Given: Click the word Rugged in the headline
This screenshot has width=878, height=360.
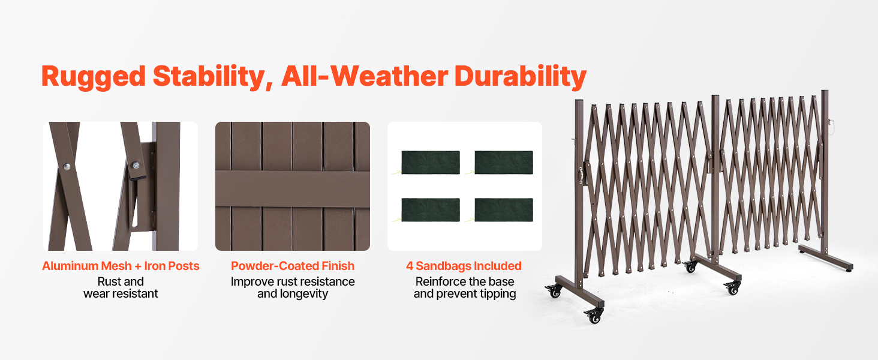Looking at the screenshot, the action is click(94, 77).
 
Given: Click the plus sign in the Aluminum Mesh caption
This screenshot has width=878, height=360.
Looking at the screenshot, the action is click(137, 266).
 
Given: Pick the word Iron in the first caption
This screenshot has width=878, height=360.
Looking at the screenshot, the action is click(155, 266).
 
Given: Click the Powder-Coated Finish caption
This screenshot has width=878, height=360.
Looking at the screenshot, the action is click(293, 266).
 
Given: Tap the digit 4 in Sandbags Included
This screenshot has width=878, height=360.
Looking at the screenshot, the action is click(410, 266).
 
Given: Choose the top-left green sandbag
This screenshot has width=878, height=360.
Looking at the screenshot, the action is click(431, 163).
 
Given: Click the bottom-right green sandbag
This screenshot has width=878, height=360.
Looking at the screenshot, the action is click(504, 210).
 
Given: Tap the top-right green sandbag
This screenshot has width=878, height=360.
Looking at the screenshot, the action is click(504, 163).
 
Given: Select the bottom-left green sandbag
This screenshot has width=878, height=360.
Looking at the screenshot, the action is click(431, 210).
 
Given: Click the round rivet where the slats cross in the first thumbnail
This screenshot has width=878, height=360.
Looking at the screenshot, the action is click(67, 167).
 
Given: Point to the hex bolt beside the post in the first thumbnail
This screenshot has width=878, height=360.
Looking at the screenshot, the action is click(136, 165).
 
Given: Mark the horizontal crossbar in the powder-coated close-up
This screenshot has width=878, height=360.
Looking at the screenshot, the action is click(293, 189).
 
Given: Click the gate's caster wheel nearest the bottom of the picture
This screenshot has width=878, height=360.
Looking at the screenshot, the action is click(594, 316).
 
